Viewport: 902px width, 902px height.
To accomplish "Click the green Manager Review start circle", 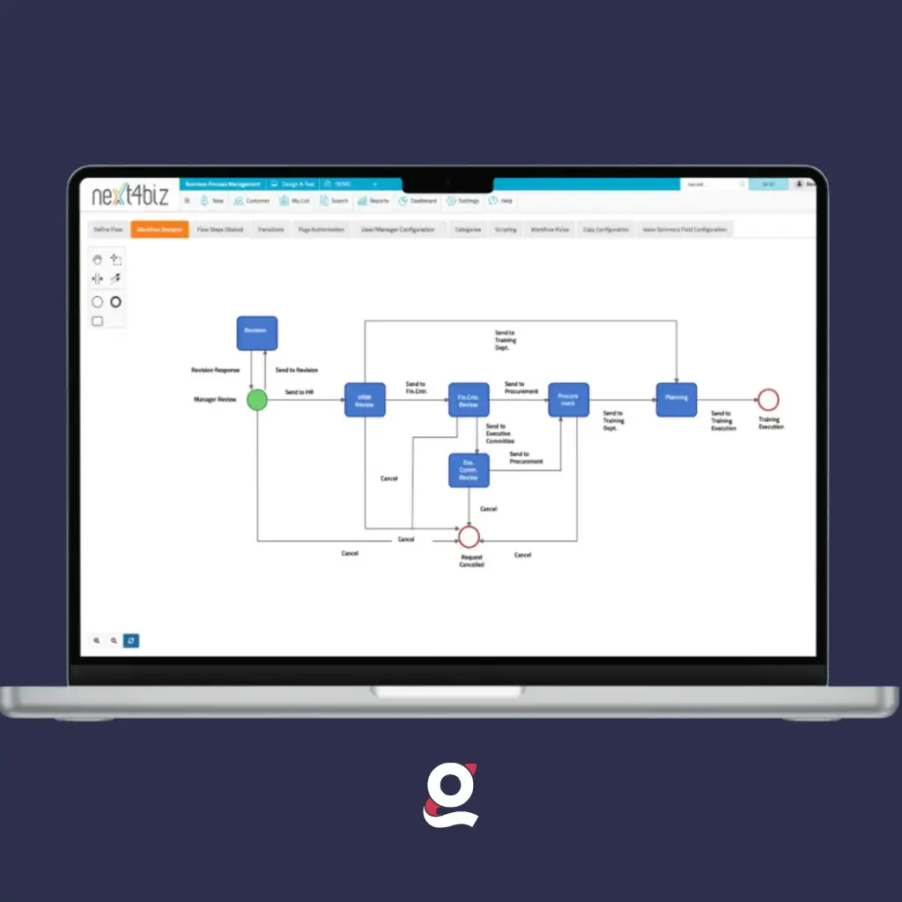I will tap(256, 401).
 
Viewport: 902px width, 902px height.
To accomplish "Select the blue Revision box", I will tap(256, 333).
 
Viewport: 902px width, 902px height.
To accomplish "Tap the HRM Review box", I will tap(365, 401).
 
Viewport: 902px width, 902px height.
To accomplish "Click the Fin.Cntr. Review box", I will tap(468, 401).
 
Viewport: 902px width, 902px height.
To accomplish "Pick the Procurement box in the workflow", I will tap(568, 400).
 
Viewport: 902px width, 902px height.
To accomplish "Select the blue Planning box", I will tap(676, 400).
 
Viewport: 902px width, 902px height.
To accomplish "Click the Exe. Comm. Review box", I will tap(468, 470).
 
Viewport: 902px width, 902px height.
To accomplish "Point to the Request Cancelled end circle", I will tap(469, 536).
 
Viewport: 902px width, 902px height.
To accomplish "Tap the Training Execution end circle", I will tap(768, 400).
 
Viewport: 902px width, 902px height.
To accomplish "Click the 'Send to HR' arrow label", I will tap(299, 391).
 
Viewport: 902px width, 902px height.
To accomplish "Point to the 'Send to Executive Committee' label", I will tap(499, 433).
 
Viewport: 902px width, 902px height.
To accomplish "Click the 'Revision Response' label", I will tap(215, 370).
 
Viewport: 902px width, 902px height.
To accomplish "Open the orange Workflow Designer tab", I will tap(159, 229).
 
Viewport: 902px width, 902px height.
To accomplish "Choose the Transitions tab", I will tap(270, 229).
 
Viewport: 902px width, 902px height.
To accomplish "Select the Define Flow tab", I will tap(109, 229).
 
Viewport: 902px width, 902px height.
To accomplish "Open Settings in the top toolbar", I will tap(463, 201).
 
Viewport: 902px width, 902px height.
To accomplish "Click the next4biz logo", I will tap(129, 196).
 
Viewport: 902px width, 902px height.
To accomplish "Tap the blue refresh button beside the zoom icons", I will tap(131, 640).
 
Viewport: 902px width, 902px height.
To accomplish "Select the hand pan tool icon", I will tap(98, 259).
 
